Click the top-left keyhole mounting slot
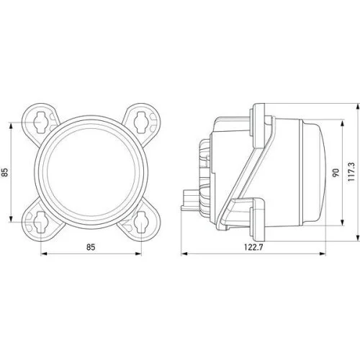[x=42, y=120]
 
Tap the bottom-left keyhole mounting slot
[x=42, y=223]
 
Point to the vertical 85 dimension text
[x=5, y=172]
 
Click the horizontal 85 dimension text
[x=91, y=248]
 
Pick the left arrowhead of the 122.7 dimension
[x=183, y=254]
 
